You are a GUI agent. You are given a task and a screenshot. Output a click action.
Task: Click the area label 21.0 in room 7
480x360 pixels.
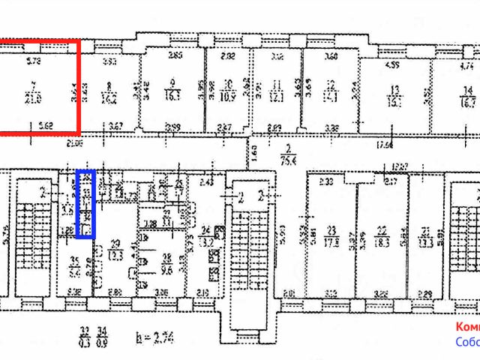point(33,98)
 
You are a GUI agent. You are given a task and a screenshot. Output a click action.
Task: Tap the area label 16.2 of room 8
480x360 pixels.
point(109,97)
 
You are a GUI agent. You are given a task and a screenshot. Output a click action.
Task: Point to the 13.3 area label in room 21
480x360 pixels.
point(427,241)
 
